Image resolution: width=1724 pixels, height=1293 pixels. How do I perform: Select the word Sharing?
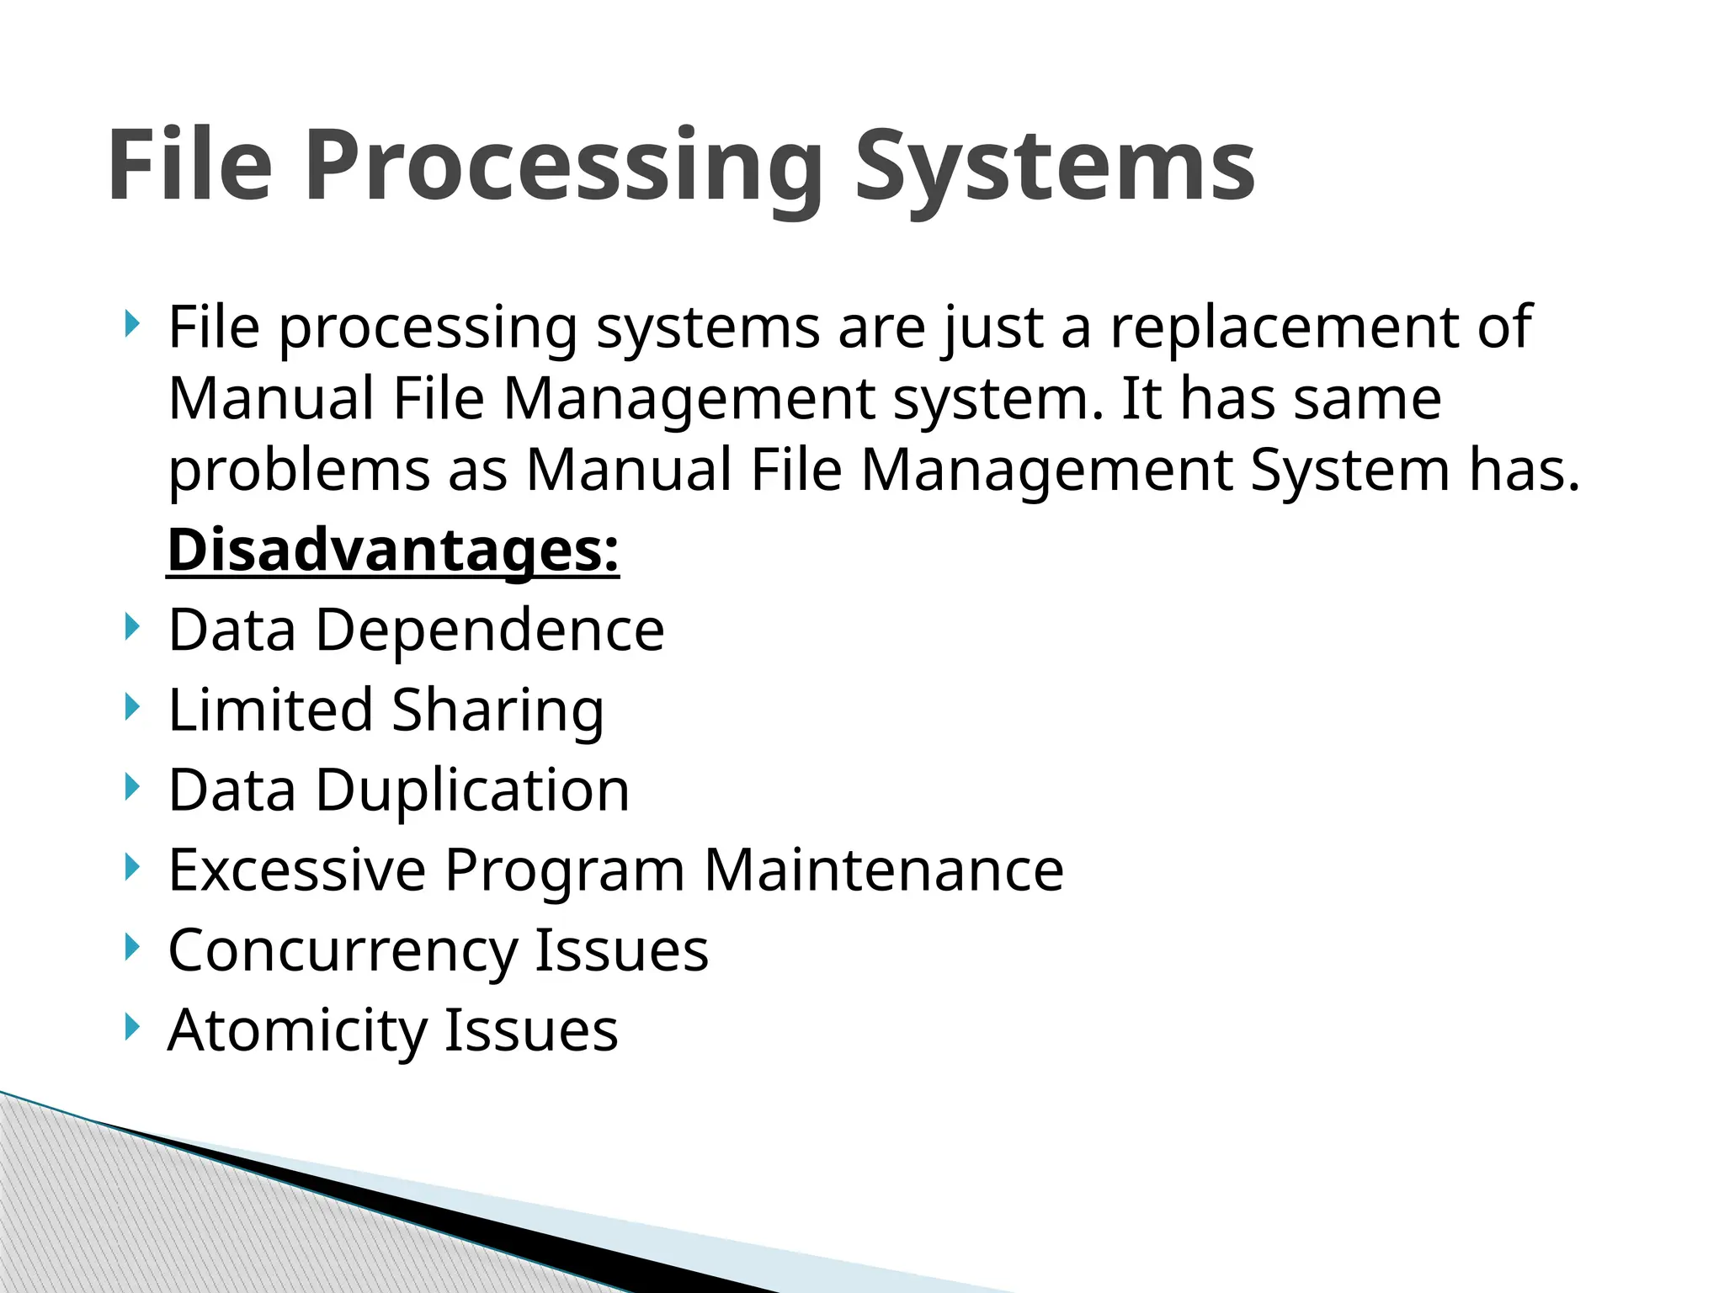pyautogui.click(x=498, y=710)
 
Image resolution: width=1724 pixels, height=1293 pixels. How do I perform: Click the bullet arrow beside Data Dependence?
pyautogui.click(x=130, y=627)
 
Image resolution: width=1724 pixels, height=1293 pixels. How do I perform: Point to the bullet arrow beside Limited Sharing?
pyautogui.click(x=130, y=707)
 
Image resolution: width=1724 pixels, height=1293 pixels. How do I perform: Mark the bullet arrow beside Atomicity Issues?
pyautogui.click(x=130, y=1027)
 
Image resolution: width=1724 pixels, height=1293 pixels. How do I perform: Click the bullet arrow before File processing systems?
pyautogui.click(x=130, y=324)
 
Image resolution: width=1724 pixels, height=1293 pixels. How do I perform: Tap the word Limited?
pyautogui.click(x=270, y=710)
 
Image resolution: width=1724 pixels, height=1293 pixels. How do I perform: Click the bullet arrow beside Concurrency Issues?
pyautogui.click(x=130, y=947)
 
